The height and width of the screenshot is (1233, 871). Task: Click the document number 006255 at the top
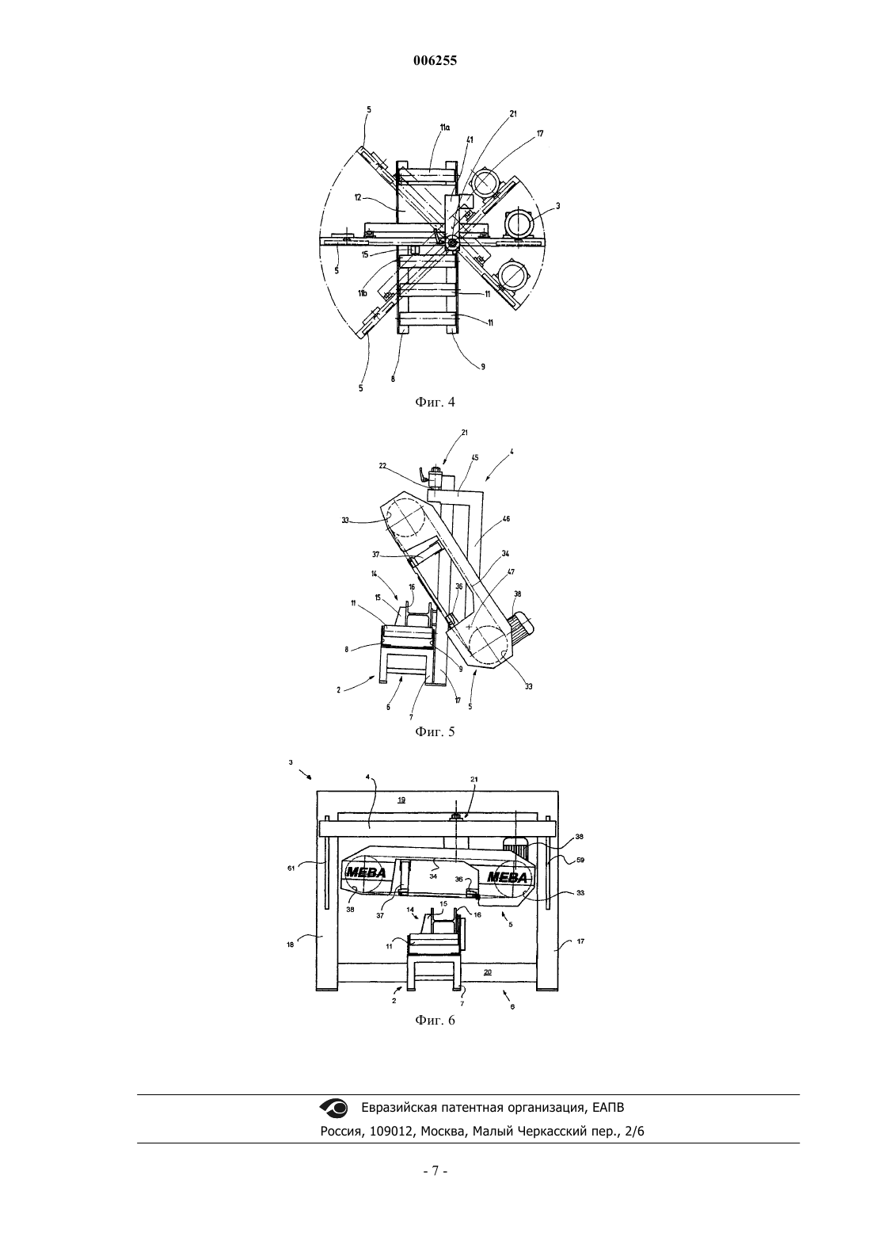tap(435, 61)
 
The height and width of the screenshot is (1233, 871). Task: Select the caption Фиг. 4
tap(435, 403)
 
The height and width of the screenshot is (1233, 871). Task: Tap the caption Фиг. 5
tap(435, 732)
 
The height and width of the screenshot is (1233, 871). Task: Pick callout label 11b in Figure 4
tap(362, 293)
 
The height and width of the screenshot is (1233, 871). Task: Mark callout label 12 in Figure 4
tap(357, 197)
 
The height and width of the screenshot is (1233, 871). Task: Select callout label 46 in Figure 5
tap(507, 518)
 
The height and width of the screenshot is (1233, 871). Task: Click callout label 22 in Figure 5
tap(382, 465)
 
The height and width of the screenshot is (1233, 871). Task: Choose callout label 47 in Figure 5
tap(511, 572)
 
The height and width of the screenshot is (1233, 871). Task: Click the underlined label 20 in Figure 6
tap(488, 972)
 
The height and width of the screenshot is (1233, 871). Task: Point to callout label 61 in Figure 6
tap(291, 868)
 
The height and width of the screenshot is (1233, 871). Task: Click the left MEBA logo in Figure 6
tap(366, 872)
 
